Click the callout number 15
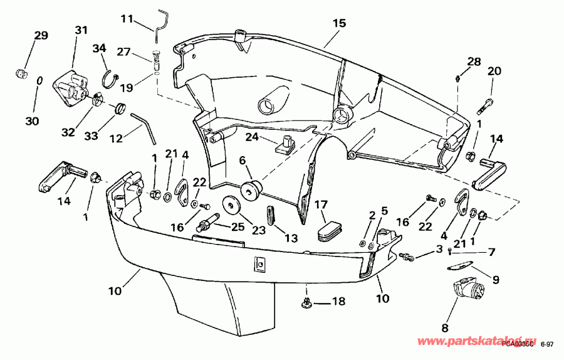coord(339,23)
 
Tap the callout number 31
coord(81,30)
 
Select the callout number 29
coord(41,36)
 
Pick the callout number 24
coord(251,136)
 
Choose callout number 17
coord(321,204)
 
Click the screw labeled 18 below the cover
coord(307,303)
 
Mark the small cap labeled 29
coord(22,74)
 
